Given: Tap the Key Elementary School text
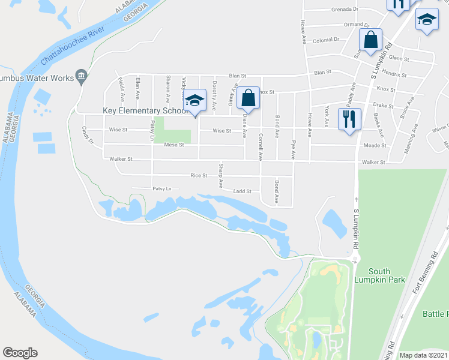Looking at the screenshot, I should [x=146, y=111].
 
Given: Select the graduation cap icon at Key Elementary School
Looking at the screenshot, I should [x=194, y=100].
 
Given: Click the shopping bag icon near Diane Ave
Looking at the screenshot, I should [x=248, y=97].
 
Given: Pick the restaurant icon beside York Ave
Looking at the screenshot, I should [x=349, y=118].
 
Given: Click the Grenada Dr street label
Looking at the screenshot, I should [x=345, y=10].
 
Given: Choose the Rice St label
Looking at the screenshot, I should [x=198, y=176].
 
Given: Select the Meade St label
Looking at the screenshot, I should [x=373, y=145].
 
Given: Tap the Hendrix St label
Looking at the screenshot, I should [x=394, y=76].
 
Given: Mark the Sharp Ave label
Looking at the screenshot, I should [x=221, y=175].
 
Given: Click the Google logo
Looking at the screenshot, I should [x=20, y=353].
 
